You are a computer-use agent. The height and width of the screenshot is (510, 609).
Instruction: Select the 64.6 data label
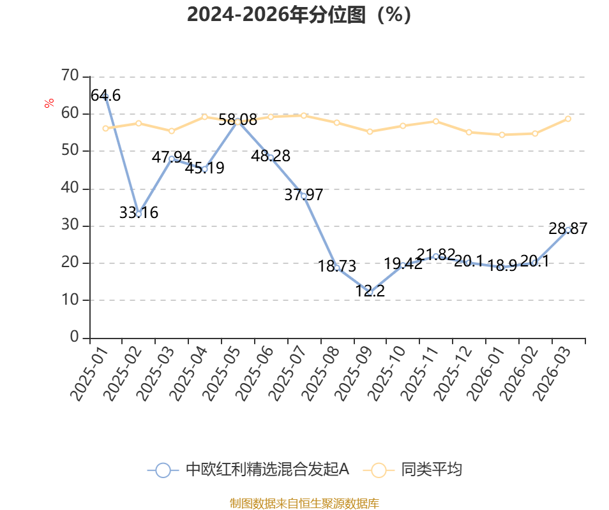pos(105,96)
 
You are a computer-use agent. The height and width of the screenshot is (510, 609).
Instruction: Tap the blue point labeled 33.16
pos(139,214)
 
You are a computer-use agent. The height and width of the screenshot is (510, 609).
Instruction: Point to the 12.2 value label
pos(370,291)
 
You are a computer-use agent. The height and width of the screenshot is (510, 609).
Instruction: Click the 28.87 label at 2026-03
pos(568,229)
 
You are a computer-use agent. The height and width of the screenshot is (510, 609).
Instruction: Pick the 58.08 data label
pos(237,120)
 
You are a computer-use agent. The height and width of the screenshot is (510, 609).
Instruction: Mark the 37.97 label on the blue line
pos(304,194)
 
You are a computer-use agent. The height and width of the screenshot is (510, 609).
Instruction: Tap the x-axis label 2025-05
pos(221,373)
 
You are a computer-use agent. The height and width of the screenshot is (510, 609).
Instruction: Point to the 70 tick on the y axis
pos(70,75)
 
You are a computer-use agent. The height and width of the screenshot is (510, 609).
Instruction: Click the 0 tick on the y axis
pos(74,337)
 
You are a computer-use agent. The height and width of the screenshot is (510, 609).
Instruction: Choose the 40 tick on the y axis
pos(70,187)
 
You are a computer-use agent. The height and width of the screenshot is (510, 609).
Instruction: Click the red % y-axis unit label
pos(49,103)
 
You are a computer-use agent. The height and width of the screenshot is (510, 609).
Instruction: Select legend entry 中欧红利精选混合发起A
pos(248,470)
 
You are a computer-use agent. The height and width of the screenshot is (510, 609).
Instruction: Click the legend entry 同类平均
pos(412,470)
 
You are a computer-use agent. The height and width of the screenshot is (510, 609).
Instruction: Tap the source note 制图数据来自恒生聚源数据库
pos(304,504)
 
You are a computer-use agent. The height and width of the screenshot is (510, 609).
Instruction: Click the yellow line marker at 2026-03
pos(568,119)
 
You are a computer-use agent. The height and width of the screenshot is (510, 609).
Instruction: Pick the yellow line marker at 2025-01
pos(105,128)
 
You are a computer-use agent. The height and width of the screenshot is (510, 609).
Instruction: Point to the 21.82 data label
pos(436,254)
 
